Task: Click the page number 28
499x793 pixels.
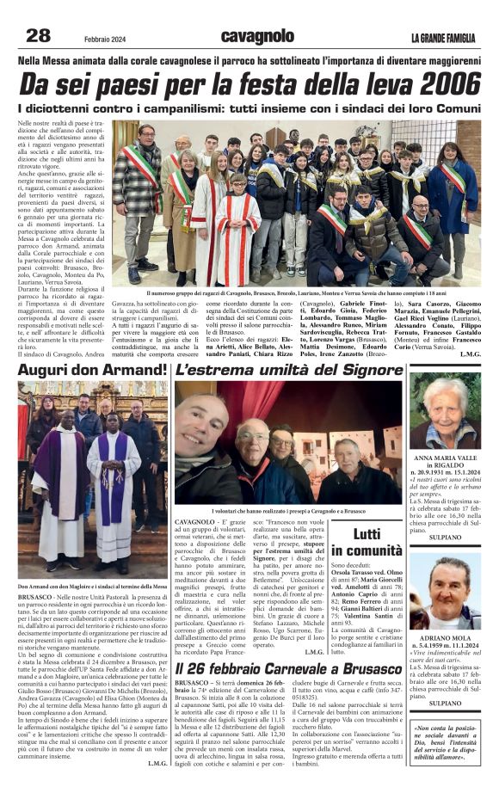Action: (39, 35)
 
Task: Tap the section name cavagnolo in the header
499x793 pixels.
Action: (257, 36)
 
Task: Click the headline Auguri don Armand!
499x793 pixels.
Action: (93, 371)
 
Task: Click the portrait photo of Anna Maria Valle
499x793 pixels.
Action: (444, 410)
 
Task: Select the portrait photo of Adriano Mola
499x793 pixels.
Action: (444, 593)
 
